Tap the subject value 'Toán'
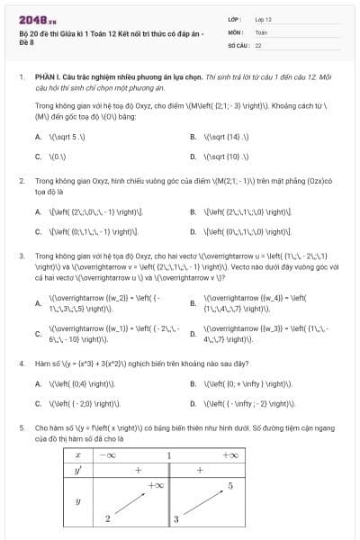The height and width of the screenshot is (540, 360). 261,31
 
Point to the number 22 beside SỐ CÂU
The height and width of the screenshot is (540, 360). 258,44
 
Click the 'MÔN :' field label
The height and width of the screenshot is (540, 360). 236,31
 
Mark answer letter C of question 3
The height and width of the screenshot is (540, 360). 38,334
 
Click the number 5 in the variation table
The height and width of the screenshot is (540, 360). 231,487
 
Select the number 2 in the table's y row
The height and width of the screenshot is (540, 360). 107,517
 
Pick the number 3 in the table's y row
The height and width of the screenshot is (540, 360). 177,519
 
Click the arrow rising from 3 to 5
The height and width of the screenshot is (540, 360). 203,502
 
